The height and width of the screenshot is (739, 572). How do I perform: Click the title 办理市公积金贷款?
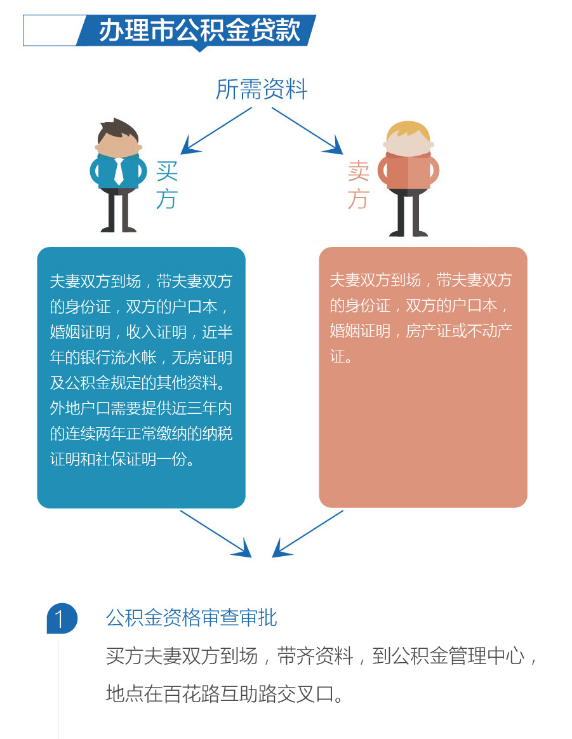point(199,30)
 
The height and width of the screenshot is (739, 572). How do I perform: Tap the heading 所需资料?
point(262,89)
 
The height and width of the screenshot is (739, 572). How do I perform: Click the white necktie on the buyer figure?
point(119,171)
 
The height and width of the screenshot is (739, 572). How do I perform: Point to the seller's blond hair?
point(408,132)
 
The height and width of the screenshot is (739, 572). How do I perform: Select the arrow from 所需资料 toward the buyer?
point(216,131)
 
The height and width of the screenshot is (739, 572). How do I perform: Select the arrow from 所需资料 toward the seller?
point(307,131)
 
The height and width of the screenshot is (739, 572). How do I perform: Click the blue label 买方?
point(167,185)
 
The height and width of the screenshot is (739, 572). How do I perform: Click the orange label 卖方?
point(359,185)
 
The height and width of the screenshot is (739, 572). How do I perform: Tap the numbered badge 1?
point(62,618)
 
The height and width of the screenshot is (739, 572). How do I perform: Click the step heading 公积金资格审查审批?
point(192,618)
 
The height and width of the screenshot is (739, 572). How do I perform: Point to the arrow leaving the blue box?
point(216,534)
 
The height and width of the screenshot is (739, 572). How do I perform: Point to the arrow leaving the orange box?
point(308,534)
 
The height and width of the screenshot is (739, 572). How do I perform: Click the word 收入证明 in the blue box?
point(156,332)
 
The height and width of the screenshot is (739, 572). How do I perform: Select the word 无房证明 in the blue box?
point(202,357)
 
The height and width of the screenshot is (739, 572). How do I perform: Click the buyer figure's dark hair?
point(118,131)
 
